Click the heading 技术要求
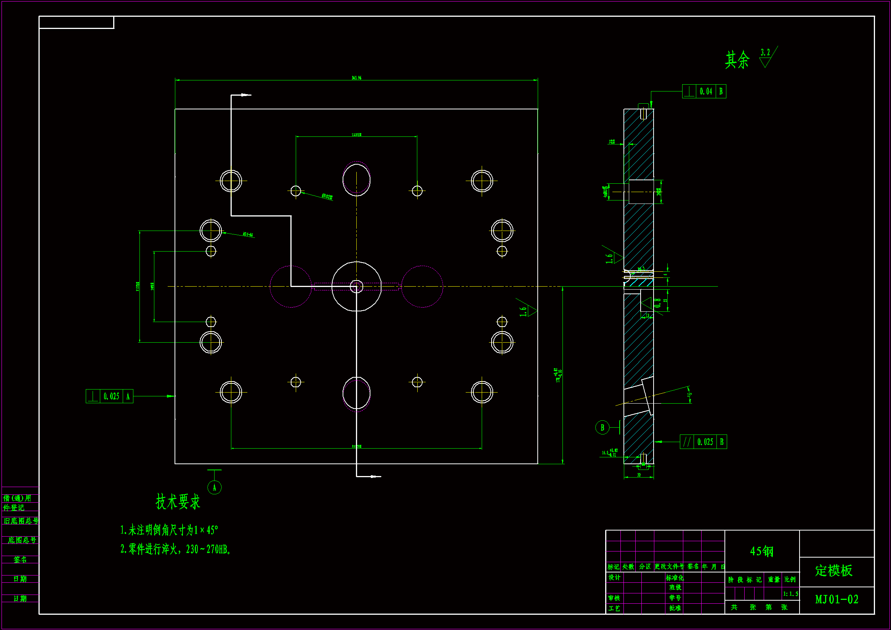click(x=178, y=502)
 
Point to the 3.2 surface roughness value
click(x=765, y=52)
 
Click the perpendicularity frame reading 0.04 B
click(x=704, y=91)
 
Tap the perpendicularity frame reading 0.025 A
click(x=109, y=396)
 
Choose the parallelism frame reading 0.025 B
click(x=703, y=442)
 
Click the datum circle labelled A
click(x=215, y=487)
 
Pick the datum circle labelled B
click(x=602, y=428)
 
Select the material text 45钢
click(x=761, y=551)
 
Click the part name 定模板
click(x=833, y=571)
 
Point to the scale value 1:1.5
click(x=790, y=594)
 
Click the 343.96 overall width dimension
click(x=356, y=78)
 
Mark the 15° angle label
click(x=689, y=395)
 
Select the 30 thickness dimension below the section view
click(x=639, y=475)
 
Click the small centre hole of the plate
click(x=356, y=287)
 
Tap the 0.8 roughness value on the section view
click(x=657, y=303)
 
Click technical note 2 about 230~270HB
click(x=175, y=549)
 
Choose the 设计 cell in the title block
click(x=614, y=578)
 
